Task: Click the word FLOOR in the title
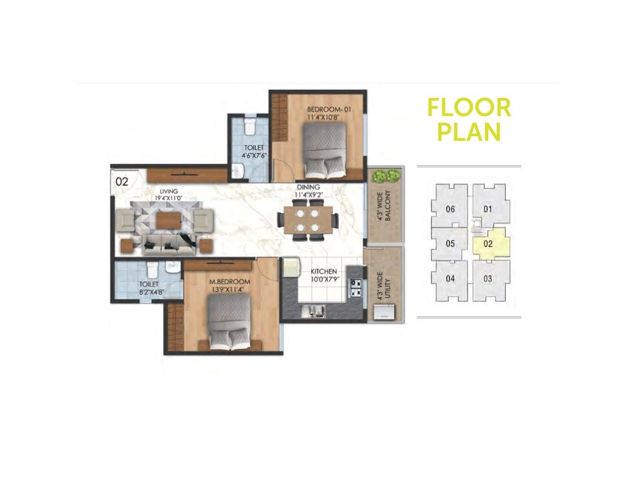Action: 469,108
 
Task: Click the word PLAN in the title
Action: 469,132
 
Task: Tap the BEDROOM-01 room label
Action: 329,110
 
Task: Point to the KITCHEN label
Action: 323,271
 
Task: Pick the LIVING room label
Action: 172,192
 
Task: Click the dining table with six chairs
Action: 307,220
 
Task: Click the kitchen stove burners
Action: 356,287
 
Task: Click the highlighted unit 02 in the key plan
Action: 488,245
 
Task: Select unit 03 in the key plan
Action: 488,279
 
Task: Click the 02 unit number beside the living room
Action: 122,182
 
